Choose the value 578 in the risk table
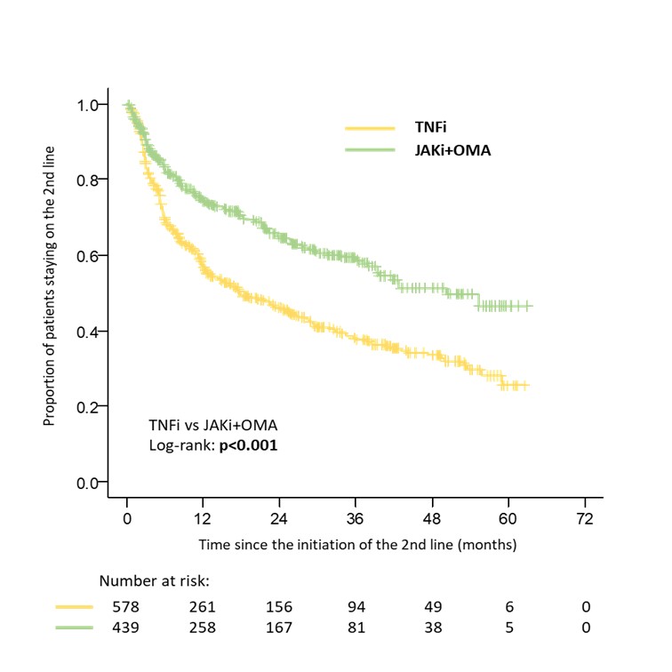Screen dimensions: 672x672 tap(126, 607)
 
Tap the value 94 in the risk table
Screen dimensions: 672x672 tap(355, 607)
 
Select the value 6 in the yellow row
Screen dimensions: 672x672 tap(508, 607)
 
